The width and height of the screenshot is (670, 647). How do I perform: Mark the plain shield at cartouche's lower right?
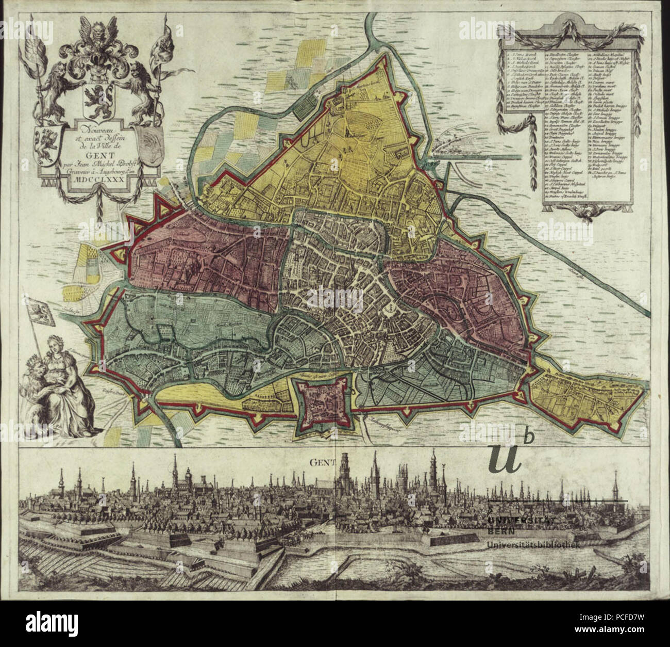pos(149,147)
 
